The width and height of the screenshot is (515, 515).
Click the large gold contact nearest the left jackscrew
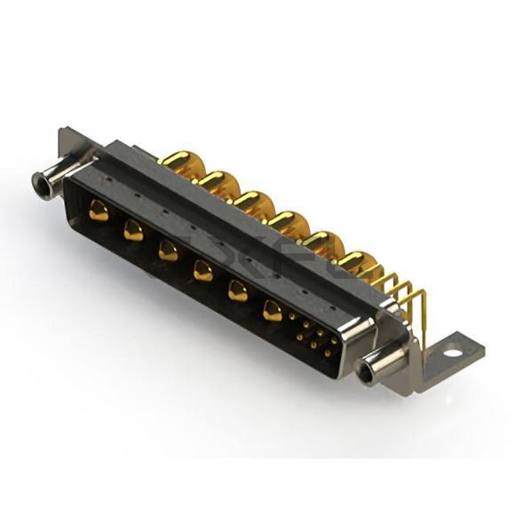pyautogui.click(x=99, y=211)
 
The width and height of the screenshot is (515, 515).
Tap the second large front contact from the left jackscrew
pyautogui.click(x=133, y=231)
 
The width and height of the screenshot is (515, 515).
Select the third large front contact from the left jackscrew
pyautogui.click(x=168, y=250)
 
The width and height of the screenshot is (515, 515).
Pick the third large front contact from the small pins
pyautogui.click(x=203, y=271)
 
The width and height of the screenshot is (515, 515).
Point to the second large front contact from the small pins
pyautogui.click(x=238, y=290)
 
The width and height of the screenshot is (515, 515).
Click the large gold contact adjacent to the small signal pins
pyautogui.click(x=273, y=310)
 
